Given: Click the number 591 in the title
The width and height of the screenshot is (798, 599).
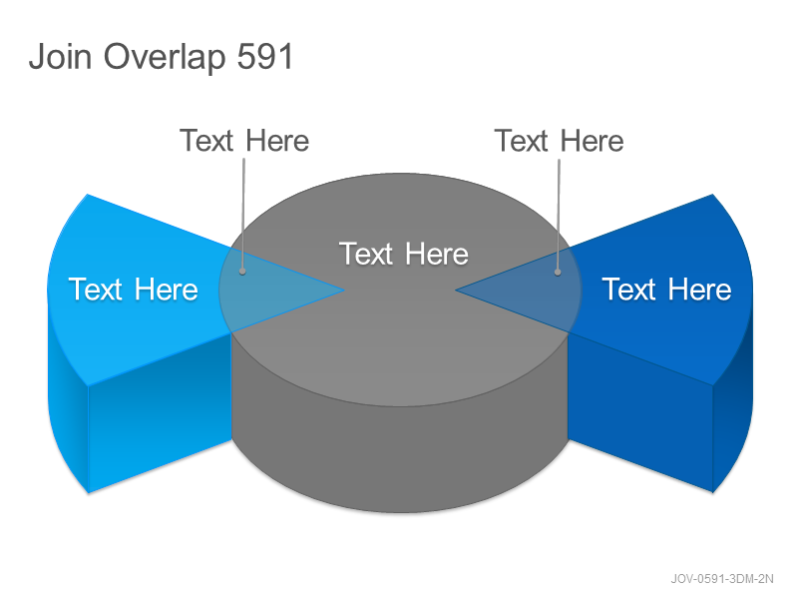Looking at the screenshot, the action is coord(265,56).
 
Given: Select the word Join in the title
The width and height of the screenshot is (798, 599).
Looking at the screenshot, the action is coord(61,56).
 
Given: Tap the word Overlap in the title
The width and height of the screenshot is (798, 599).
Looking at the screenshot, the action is coord(165,57).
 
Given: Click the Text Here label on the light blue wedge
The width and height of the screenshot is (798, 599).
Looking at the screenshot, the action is coord(134,290).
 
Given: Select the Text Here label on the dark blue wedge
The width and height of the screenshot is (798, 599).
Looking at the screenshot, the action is coord(666,290).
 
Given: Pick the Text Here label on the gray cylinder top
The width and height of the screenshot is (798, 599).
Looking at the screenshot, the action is coord(404,254).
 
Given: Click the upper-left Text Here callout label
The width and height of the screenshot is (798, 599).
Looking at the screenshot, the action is coord(244,141).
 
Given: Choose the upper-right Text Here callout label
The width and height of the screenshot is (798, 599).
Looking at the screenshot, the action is coord(559,141).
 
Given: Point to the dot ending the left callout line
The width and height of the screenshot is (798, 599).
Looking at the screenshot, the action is coord(242,272).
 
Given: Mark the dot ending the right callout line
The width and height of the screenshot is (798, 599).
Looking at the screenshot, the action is coord(558,273).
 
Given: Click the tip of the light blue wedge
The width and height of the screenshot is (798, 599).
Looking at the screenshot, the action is coord(344,291).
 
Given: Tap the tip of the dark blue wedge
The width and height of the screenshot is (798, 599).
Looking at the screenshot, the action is coord(456,291).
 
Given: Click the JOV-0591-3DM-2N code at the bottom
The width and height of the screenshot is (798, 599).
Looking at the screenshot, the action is coord(722,579).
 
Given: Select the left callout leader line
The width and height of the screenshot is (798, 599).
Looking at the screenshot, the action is coord(243,214).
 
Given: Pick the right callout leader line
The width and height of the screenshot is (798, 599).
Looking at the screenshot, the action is coord(559,215).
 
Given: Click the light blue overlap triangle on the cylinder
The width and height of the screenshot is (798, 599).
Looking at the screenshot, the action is coord(269,291).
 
